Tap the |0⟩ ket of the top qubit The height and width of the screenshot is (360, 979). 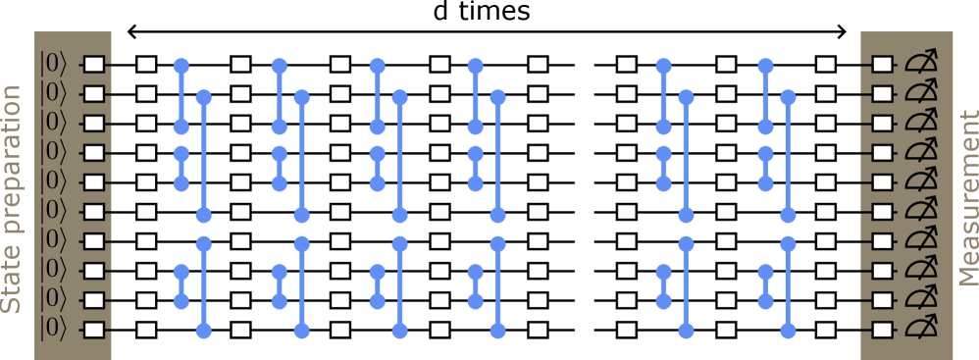[54, 65]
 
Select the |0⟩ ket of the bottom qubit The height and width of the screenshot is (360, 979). [54, 330]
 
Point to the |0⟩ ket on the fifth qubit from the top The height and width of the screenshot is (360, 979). [54, 182]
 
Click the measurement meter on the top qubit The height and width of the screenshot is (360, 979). [920, 65]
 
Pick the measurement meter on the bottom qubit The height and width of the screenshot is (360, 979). [920, 330]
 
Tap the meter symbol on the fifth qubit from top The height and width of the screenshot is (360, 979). [920, 182]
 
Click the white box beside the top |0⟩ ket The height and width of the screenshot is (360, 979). [94, 65]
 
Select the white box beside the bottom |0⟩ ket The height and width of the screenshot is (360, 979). [94, 330]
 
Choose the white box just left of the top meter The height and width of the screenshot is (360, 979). [882, 65]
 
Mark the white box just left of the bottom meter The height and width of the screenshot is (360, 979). [882, 330]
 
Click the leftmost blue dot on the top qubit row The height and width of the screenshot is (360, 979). [181, 66]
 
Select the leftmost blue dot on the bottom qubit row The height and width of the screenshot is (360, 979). [204, 330]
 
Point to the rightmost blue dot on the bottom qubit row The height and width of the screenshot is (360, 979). [789, 330]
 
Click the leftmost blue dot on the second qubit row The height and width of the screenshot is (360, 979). [204, 97]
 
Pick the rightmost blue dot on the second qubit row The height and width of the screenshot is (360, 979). [789, 97]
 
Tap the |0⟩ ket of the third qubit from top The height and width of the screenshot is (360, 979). [54, 124]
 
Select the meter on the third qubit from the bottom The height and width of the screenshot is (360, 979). [920, 271]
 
